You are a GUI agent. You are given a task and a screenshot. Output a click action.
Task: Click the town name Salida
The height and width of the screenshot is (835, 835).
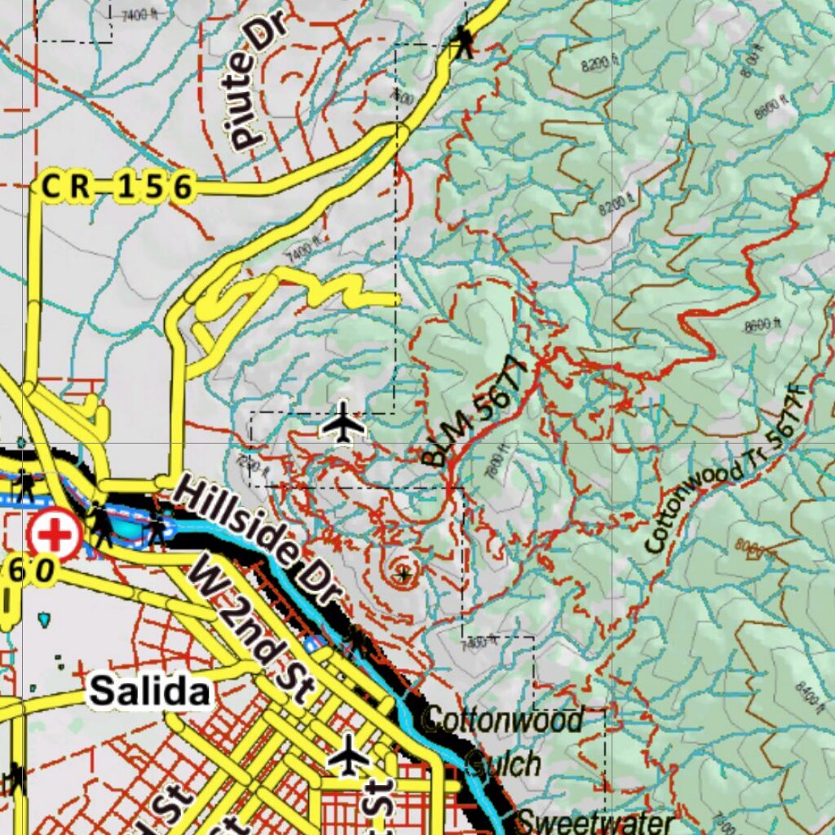tap(149, 691)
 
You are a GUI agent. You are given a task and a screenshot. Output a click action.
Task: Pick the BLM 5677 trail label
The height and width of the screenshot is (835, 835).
tap(474, 411)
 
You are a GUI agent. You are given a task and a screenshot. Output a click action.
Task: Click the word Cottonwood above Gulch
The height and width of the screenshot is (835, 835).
tap(503, 721)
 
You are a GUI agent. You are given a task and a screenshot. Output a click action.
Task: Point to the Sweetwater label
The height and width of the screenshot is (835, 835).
tap(595, 821)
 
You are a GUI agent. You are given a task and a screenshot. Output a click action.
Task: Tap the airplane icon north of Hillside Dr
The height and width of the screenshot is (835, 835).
tap(343, 422)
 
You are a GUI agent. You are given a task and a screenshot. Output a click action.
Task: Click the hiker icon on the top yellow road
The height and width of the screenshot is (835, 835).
tap(463, 41)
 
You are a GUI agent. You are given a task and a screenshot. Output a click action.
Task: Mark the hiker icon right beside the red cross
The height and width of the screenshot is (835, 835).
tap(99, 524)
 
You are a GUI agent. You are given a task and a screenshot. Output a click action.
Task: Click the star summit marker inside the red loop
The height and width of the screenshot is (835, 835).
tap(403, 575)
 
